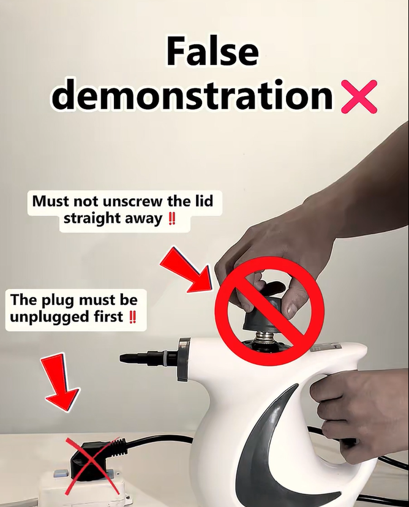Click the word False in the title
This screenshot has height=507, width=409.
[x=212, y=51]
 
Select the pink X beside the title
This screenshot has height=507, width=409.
[x=359, y=96]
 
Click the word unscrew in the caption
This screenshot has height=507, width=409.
[x=133, y=201]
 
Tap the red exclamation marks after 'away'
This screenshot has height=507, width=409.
[x=172, y=219]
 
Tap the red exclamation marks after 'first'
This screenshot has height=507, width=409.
[x=132, y=317]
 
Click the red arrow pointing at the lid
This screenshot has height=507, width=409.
[x=187, y=269]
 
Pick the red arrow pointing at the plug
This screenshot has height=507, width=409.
[x=61, y=382]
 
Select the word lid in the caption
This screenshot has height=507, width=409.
[x=204, y=201]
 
